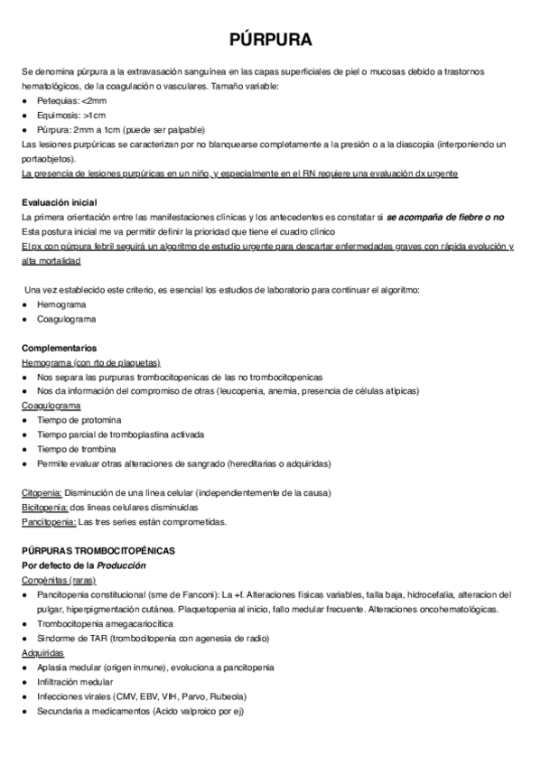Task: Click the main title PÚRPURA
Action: pos(270,41)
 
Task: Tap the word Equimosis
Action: pos(60,115)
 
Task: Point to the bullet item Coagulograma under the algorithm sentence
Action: pos(66,319)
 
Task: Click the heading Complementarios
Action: pos(59,348)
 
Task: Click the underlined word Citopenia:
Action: pos(42,492)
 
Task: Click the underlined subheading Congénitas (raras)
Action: pos(59,579)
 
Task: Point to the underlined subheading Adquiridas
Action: pos(42,652)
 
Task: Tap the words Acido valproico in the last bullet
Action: pos(181,710)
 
